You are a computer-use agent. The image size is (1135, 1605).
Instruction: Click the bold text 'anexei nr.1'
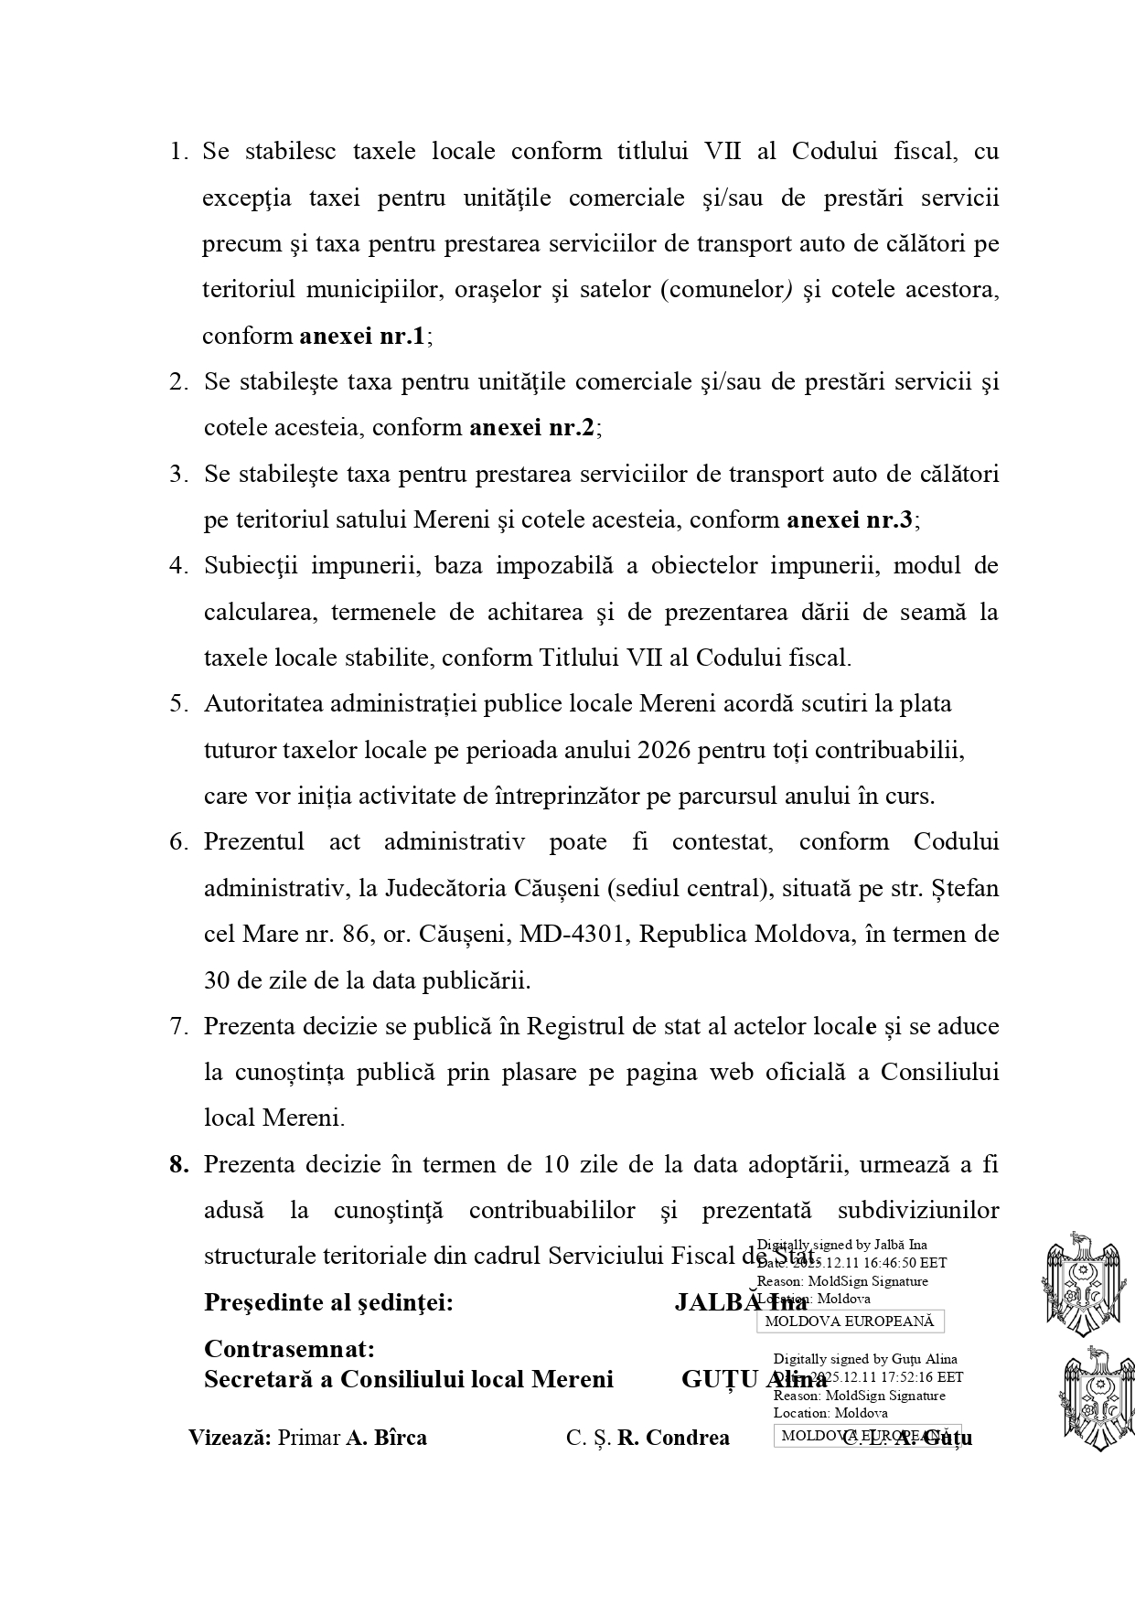tap(362, 336)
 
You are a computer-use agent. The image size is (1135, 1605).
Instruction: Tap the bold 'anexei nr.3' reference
tap(850, 519)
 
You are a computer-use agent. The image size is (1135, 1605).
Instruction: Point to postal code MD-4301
tap(573, 935)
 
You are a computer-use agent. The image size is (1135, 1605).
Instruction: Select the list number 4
tap(178, 565)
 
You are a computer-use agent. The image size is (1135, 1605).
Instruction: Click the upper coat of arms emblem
tap(1083, 1284)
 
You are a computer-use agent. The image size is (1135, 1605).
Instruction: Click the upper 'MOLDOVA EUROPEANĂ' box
tap(850, 1321)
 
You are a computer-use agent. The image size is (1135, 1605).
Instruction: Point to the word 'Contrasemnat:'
tap(289, 1349)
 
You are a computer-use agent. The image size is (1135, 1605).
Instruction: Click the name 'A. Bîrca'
tap(386, 1438)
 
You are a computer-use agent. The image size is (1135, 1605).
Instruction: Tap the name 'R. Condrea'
tap(673, 1438)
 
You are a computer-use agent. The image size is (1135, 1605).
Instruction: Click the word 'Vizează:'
tap(230, 1438)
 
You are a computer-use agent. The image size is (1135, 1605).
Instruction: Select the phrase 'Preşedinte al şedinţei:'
tap(328, 1302)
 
